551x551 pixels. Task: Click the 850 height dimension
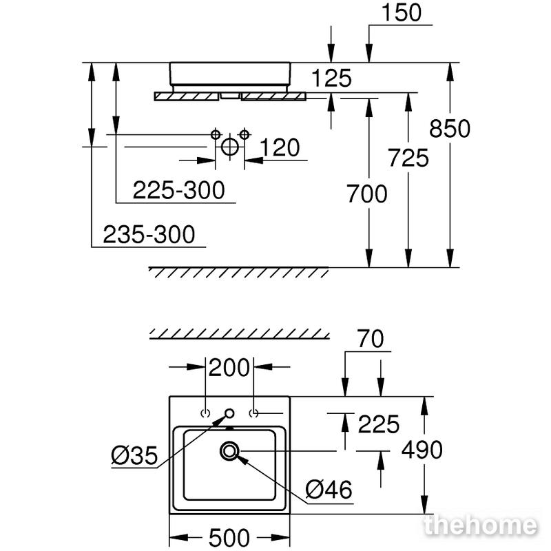pos(450,128)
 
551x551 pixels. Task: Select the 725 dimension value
pos(408,158)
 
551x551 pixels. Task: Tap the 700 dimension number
pos(367,194)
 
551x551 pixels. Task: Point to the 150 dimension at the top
pos(402,12)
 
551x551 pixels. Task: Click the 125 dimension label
pos(331,78)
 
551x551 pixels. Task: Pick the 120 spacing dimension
pos(280,147)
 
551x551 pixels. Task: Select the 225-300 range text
pos(179,190)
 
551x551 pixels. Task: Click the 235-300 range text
pos(149,234)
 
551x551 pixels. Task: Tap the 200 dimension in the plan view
pos(229,368)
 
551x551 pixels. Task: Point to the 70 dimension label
pos(370,339)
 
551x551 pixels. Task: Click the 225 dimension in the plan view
pos(378,424)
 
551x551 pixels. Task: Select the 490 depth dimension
pos(422,450)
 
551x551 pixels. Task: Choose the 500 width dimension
pos(229,538)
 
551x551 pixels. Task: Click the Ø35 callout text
pos(134,456)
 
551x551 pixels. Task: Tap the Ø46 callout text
pos(329,490)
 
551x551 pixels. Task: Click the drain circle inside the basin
pos(229,450)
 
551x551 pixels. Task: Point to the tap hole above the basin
pos(229,414)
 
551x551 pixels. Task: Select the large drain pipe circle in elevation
pos(230,147)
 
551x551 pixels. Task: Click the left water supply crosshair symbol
pos(216,134)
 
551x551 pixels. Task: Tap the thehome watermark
pos(481,526)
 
